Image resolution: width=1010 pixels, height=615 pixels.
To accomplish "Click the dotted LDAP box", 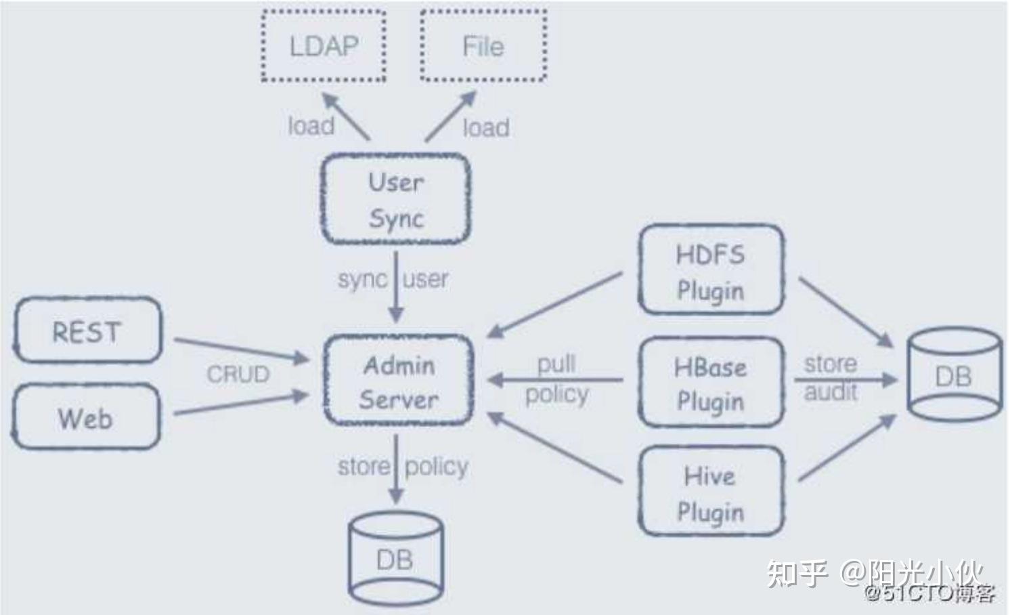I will (324, 46).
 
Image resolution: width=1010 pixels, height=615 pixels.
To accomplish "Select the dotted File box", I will (483, 46).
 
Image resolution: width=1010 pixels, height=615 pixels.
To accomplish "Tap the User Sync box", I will (396, 199).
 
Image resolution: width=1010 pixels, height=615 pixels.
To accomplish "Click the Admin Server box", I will (398, 381).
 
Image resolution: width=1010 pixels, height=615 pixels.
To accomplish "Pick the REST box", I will (87, 331).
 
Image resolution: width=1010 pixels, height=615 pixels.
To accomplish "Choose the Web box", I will (86, 417).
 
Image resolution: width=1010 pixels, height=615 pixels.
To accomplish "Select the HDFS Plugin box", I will (711, 271).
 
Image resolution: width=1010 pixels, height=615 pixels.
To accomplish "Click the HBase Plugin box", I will (711, 383).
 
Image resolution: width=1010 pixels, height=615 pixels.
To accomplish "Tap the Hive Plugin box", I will (711, 492).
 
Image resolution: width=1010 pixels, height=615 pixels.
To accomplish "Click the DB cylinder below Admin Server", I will (395, 559).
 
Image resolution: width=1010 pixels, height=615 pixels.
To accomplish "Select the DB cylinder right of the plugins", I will (954, 377).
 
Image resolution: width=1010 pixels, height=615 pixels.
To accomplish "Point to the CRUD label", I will (238, 374).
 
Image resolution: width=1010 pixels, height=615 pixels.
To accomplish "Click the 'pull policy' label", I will (556, 379).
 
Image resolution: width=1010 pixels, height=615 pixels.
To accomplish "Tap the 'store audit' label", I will (831, 378).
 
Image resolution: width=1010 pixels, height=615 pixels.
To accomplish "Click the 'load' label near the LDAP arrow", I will (311, 126).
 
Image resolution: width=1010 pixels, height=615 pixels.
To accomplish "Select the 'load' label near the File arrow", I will (486, 127).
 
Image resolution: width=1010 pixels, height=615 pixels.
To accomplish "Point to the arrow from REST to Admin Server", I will (240, 348).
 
